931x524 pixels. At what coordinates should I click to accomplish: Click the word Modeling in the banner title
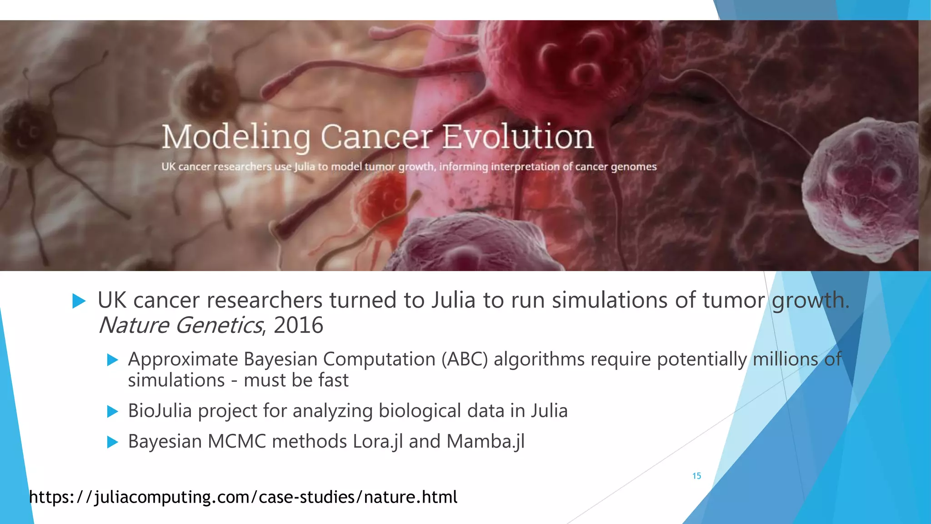point(236,137)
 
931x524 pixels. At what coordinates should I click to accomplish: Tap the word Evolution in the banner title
point(518,137)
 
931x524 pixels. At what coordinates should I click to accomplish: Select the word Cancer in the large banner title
point(376,137)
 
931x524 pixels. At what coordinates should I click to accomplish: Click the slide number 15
point(696,476)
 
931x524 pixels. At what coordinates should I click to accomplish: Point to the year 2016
point(298,325)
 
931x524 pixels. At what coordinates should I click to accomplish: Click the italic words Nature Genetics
point(180,325)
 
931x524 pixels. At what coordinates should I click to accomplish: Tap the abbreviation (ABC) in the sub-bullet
point(465,359)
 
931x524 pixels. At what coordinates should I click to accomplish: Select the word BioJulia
point(160,411)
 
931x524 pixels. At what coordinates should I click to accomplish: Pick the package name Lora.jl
point(378,442)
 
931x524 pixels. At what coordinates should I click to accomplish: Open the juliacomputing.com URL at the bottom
point(243,497)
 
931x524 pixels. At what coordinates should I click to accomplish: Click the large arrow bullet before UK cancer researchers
point(79,301)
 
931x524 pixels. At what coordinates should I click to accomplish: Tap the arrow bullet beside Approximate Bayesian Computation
point(112,360)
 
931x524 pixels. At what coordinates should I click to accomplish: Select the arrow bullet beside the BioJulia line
point(112,412)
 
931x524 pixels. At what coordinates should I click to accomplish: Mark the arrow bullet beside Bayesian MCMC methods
point(112,442)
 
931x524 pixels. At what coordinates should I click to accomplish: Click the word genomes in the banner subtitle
point(634,167)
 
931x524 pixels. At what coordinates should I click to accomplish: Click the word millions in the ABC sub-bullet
point(785,359)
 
